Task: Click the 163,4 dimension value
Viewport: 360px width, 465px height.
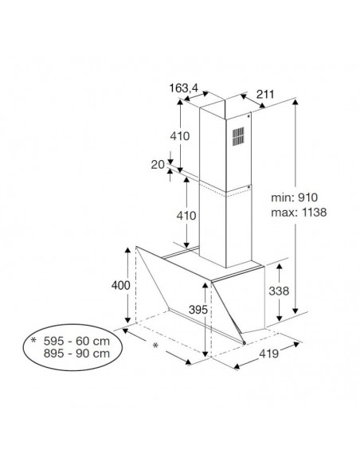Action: [x=183, y=88]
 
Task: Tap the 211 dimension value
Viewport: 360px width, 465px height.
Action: [x=265, y=95]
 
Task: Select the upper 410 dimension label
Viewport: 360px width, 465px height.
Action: [x=180, y=136]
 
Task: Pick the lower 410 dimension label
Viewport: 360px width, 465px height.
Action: [x=186, y=216]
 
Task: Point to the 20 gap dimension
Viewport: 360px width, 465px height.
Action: [x=158, y=165]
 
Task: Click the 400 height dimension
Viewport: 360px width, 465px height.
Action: [x=121, y=285]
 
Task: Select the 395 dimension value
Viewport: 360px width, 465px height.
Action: [x=198, y=310]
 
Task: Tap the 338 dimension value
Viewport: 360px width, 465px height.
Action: [x=279, y=291]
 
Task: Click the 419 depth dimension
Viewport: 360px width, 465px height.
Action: [x=269, y=354]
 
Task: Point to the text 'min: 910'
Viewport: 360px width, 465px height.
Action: [x=294, y=197]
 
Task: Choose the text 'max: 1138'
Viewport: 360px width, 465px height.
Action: [x=299, y=213]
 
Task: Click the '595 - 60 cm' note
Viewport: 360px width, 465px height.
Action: [x=76, y=341]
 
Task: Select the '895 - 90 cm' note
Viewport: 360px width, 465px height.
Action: [x=76, y=354]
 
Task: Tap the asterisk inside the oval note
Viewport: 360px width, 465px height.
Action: [x=33, y=340]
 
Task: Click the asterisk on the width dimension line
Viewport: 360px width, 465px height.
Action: [x=155, y=346]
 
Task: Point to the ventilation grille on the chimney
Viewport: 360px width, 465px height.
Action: [x=238, y=136]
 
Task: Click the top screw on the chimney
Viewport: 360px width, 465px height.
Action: [x=248, y=116]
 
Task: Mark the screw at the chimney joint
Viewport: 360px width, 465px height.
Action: [x=248, y=187]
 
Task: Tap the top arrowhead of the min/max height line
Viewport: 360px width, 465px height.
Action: [x=295, y=103]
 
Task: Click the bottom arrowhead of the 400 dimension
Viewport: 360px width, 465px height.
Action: [x=127, y=320]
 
